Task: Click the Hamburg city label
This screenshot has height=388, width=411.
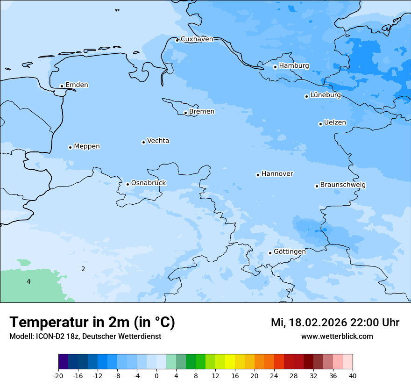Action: point(294,66)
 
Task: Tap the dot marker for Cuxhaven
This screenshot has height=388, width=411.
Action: point(177,40)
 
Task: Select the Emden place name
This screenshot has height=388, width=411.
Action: point(77,85)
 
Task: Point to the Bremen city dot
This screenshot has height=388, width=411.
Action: point(185,113)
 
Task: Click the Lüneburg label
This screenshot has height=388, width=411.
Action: point(325,95)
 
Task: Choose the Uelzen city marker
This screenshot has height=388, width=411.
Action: point(320,124)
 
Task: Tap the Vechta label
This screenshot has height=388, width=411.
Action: point(158,141)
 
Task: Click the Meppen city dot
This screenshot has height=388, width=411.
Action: point(70,147)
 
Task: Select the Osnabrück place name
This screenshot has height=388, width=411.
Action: point(149,183)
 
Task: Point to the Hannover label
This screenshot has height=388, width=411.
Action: point(277,174)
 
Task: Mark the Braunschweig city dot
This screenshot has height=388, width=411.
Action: point(317,186)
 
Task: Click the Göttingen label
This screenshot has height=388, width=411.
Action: point(290,251)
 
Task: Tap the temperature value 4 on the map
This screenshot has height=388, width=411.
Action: point(28,281)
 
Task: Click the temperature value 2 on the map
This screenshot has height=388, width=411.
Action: point(83,269)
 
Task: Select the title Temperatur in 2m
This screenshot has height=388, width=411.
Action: point(92,322)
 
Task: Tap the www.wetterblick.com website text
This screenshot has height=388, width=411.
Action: point(337,336)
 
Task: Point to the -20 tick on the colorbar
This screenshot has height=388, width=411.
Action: point(58,376)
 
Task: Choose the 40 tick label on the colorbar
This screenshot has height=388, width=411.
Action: point(353,376)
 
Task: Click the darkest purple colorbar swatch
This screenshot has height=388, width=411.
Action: point(63,362)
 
